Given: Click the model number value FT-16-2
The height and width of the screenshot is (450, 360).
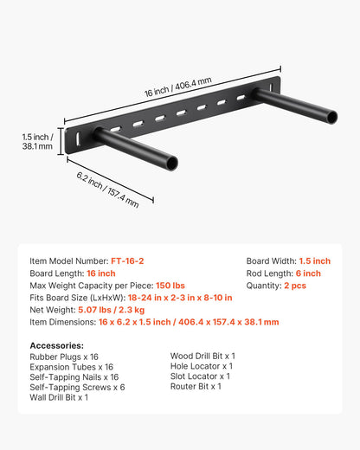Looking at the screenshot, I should coord(129,260).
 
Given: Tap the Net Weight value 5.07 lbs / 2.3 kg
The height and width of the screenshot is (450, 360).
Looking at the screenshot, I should coord(110,309).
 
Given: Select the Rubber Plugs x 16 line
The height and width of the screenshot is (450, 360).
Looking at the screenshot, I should coord(64,356).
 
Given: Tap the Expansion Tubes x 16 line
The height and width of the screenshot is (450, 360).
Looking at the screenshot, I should coord(74,367).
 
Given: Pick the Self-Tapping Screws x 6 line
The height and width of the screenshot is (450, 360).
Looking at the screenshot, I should coord(77,387).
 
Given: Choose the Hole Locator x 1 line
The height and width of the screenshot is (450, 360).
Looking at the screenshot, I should coord(201,366).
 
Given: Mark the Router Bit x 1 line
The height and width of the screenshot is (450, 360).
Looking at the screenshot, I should coord(196,386).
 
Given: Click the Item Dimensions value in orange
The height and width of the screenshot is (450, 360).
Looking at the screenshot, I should coord(188,321).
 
